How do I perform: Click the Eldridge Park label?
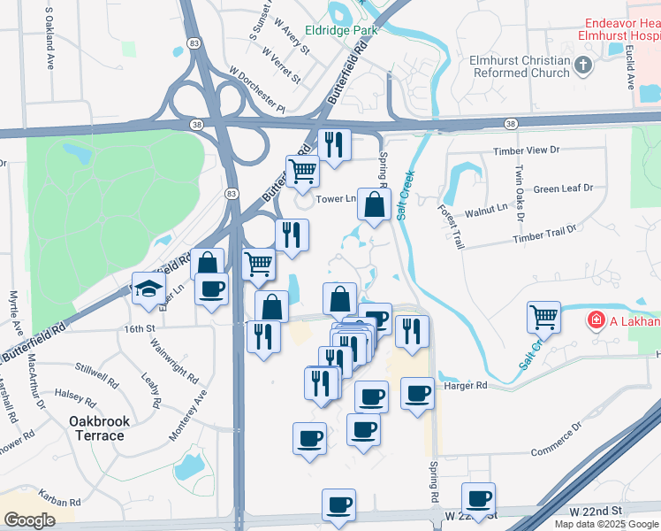coord(340,29)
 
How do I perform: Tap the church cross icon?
coord(582,65)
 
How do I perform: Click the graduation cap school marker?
coord(148,289)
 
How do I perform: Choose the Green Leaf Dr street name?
coord(563,189)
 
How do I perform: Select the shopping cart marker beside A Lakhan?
coord(544,316)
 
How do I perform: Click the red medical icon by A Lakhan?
coord(597,319)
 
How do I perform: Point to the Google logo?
coord(29,520)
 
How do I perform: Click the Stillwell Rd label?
coord(97,379)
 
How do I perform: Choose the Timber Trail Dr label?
coord(544,234)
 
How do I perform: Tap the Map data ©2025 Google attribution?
coord(607,524)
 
